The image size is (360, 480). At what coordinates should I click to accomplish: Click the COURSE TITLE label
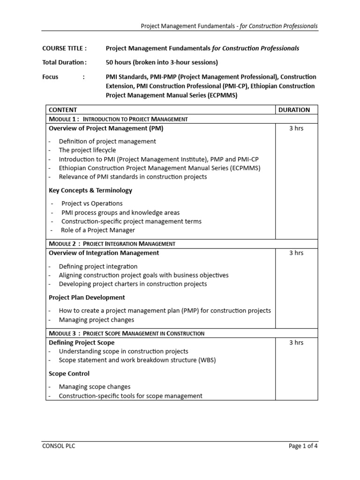(64, 48)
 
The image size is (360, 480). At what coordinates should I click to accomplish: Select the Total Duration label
(64, 62)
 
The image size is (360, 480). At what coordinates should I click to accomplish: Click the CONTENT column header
(63, 110)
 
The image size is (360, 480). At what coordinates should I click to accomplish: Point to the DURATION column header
(294, 110)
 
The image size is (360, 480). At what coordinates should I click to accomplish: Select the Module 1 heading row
(118, 119)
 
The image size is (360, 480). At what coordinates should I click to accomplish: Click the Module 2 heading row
(112, 244)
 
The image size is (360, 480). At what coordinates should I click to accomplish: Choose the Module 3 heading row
(127, 333)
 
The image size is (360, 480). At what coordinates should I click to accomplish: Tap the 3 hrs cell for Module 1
(296, 128)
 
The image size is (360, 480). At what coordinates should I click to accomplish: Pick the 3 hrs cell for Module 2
(296, 253)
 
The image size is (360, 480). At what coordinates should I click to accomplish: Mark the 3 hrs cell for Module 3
(296, 343)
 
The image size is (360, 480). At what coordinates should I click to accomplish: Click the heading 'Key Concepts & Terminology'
(90, 190)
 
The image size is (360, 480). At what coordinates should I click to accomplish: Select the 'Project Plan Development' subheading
(87, 297)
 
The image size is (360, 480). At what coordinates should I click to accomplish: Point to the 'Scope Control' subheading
(69, 374)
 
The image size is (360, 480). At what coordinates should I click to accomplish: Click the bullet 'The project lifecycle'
(87, 150)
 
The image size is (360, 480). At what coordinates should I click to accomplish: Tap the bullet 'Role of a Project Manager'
(97, 230)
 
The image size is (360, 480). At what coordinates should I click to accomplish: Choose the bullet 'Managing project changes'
(96, 320)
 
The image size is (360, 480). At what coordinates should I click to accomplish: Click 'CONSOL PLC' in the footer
(59, 446)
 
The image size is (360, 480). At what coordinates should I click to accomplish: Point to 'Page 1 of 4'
(303, 446)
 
